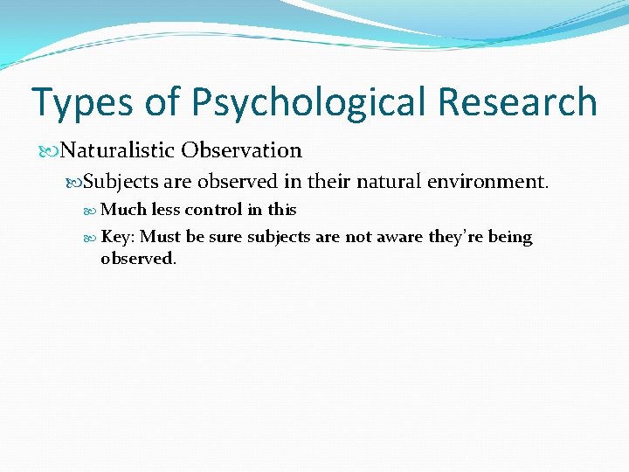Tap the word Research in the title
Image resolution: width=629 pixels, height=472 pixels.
pyautogui.click(x=517, y=102)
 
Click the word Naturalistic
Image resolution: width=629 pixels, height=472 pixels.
pyautogui.click(x=119, y=150)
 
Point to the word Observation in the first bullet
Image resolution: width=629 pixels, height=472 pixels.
pyautogui.click(x=241, y=150)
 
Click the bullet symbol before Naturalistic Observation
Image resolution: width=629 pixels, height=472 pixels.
pyautogui.click(x=53, y=151)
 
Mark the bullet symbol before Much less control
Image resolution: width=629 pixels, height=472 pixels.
pyautogui.click(x=93, y=210)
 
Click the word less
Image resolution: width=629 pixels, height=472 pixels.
pyautogui.click(x=166, y=210)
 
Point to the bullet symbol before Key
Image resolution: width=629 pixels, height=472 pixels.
pyautogui.click(x=93, y=238)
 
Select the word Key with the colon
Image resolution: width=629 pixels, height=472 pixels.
pyautogui.click(x=118, y=237)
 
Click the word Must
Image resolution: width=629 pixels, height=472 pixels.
pyautogui.click(x=159, y=237)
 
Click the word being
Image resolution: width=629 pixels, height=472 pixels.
pyautogui.click(x=510, y=238)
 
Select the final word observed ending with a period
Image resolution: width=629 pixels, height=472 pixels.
pyautogui.click(x=138, y=259)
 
